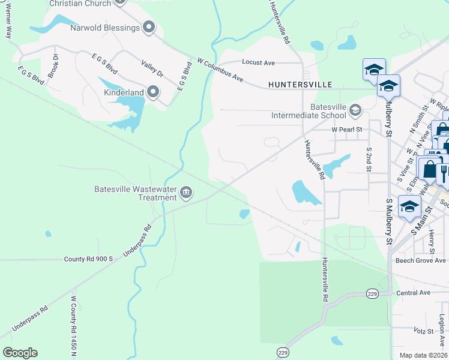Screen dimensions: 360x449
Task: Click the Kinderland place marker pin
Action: coord(153,92)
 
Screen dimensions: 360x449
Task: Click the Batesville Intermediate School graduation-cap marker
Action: coord(355,110)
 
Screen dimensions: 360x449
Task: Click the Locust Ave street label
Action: coord(258,62)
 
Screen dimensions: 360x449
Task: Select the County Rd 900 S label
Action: coord(88,259)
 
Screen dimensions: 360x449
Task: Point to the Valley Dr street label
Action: coord(152,69)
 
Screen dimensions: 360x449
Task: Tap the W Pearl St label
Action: coord(348,129)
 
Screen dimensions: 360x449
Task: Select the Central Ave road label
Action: coord(414,293)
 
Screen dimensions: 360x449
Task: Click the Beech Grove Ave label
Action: coord(420,260)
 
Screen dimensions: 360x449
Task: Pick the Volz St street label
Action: coord(423,331)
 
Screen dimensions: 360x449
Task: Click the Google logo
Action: coord(20,353)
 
